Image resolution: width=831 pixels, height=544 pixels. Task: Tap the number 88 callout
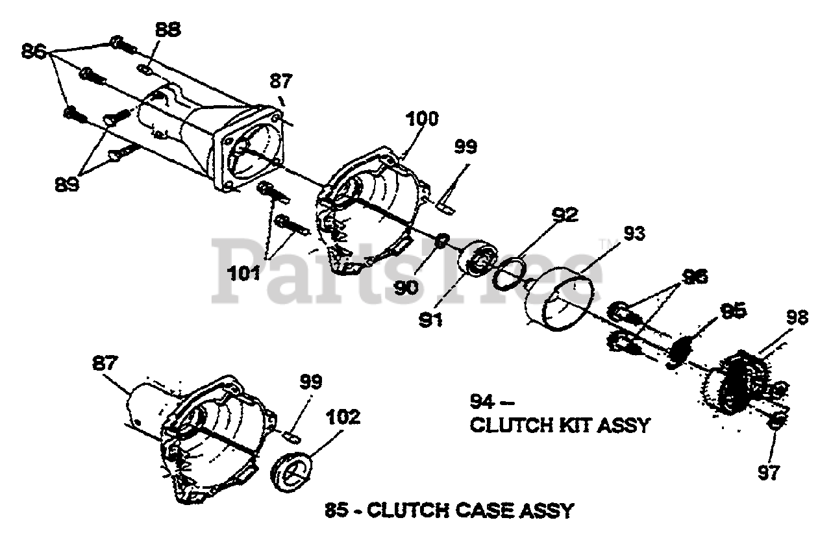168,29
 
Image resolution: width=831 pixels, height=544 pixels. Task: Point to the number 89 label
67,184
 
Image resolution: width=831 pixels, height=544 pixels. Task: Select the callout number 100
423,119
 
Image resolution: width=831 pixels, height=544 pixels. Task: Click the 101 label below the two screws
243,274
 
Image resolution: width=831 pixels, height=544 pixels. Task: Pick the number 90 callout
406,287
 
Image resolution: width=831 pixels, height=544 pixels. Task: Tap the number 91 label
430,320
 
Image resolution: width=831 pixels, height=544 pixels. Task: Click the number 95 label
733,310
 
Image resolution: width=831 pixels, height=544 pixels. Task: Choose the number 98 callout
797,318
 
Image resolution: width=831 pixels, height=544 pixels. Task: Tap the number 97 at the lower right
769,473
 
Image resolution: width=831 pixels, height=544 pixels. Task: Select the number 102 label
343,417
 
